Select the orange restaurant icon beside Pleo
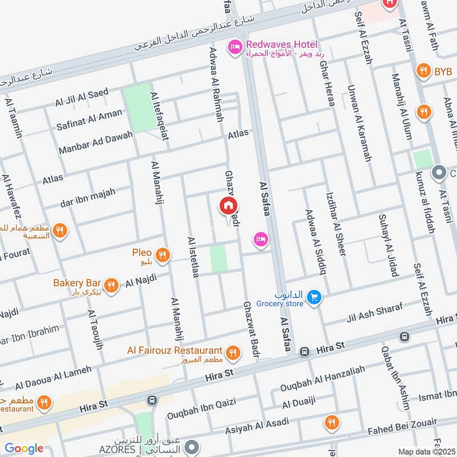pyautogui.click(x=163, y=255)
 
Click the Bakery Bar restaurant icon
pyautogui.click(x=112, y=284)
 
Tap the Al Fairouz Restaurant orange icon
pyautogui.click(x=232, y=352)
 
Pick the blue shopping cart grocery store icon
pyautogui.click(x=313, y=298)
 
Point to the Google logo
pyautogui.click(x=24, y=448)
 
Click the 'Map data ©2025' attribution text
pyautogui.click(x=426, y=451)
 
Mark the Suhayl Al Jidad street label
pyautogui.click(x=388, y=245)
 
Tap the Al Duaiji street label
pyautogui.click(x=299, y=403)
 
